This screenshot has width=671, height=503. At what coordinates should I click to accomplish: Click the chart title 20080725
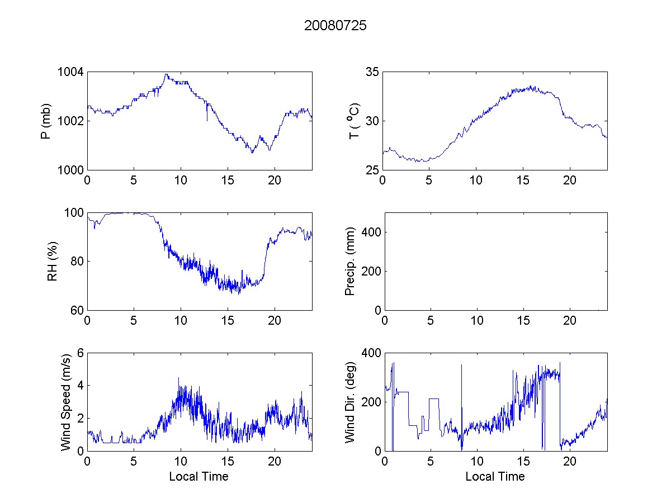coord(335,26)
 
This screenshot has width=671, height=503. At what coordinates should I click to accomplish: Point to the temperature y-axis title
coord(354,121)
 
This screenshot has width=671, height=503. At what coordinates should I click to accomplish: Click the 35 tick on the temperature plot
coord(372,72)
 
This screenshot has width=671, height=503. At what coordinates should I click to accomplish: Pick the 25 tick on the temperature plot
coord(372,170)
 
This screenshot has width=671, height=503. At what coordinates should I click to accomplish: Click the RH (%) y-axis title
coord(53,262)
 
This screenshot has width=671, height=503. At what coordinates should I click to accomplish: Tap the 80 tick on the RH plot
coord(77,262)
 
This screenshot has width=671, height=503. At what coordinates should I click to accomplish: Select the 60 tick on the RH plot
coord(77,310)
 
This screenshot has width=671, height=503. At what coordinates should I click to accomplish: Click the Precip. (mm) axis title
coord(351,262)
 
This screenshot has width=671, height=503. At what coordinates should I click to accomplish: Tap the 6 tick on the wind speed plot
coord(80,353)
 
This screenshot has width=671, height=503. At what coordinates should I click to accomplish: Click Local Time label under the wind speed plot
coord(199,477)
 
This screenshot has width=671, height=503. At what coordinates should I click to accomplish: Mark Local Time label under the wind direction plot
coord(495,477)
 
